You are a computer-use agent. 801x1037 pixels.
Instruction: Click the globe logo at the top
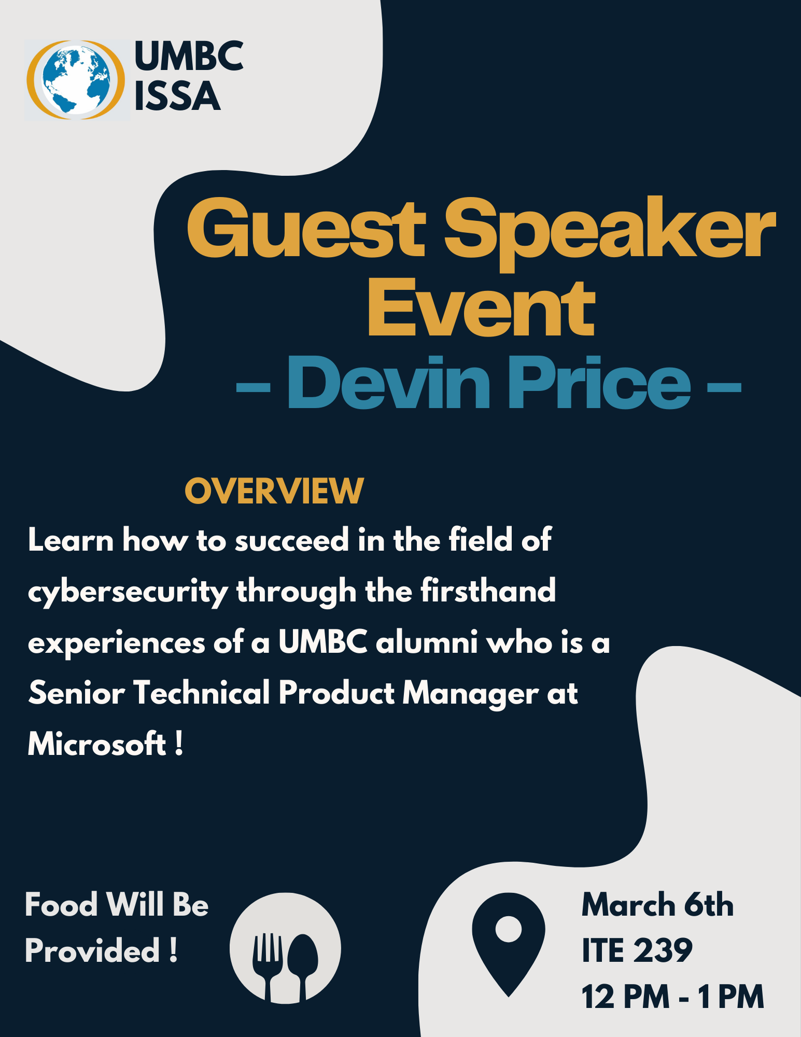[x=76, y=80]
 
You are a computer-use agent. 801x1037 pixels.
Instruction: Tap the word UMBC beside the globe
[x=189, y=56]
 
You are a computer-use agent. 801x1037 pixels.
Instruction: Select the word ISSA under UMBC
[x=177, y=96]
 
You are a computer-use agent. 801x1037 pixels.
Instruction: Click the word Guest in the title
[x=306, y=228]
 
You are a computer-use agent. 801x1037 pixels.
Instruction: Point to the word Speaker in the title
[x=610, y=234]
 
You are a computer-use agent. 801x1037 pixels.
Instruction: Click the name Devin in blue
[x=389, y=383]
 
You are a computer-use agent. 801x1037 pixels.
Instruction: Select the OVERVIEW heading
[x=274, y=491]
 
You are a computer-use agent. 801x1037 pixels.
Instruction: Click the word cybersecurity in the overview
[x=128, y=593]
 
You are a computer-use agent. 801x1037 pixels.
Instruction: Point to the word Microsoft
[x=97, y=744]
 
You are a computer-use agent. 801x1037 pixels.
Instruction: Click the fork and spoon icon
[x=285, y=948]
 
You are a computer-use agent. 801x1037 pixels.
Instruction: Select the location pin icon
[x=509, y=944]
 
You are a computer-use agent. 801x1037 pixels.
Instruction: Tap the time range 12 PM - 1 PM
[x=673, y=997]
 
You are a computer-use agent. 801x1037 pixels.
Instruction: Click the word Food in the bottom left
[x=61, y=905]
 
